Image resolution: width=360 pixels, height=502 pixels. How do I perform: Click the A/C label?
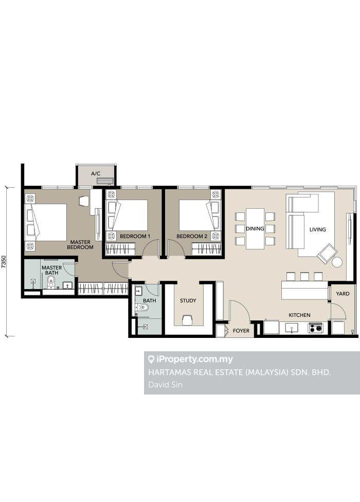click(x=96, y=173)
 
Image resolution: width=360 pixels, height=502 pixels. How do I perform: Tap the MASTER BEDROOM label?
click(x=80, y=245)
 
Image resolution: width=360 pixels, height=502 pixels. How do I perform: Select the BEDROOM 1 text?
click(x=135, y=236)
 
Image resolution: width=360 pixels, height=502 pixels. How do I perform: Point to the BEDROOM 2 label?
click(x=192, y=236)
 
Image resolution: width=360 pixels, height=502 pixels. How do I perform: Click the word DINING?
click(x=255, y=228)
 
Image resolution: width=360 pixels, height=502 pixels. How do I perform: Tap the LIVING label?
click(x=317, y=229)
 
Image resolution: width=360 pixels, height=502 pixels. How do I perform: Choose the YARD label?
click(x=343, y=294)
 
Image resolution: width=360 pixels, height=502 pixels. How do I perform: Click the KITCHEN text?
click(x=299, y=315)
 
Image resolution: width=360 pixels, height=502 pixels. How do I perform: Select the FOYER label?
click(x=241, y=331)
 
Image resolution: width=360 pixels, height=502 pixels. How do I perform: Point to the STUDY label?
click(x=188, y=300)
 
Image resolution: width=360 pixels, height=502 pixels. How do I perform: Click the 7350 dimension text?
click(x=4, y=262)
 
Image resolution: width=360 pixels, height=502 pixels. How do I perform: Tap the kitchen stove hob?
click(x=316, y=328)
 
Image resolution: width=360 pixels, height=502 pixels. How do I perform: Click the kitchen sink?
click(x=291, y=328)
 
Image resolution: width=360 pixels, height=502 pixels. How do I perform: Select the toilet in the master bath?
click(x=51, y=282)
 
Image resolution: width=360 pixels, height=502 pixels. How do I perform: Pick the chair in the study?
click(x=188, y=319)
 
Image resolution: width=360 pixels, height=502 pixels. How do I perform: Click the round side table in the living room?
click(x=337, y=262)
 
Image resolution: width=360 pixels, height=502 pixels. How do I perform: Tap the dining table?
click(x=255, y=228)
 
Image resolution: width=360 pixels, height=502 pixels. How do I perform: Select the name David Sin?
click(x=165, y=385)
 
